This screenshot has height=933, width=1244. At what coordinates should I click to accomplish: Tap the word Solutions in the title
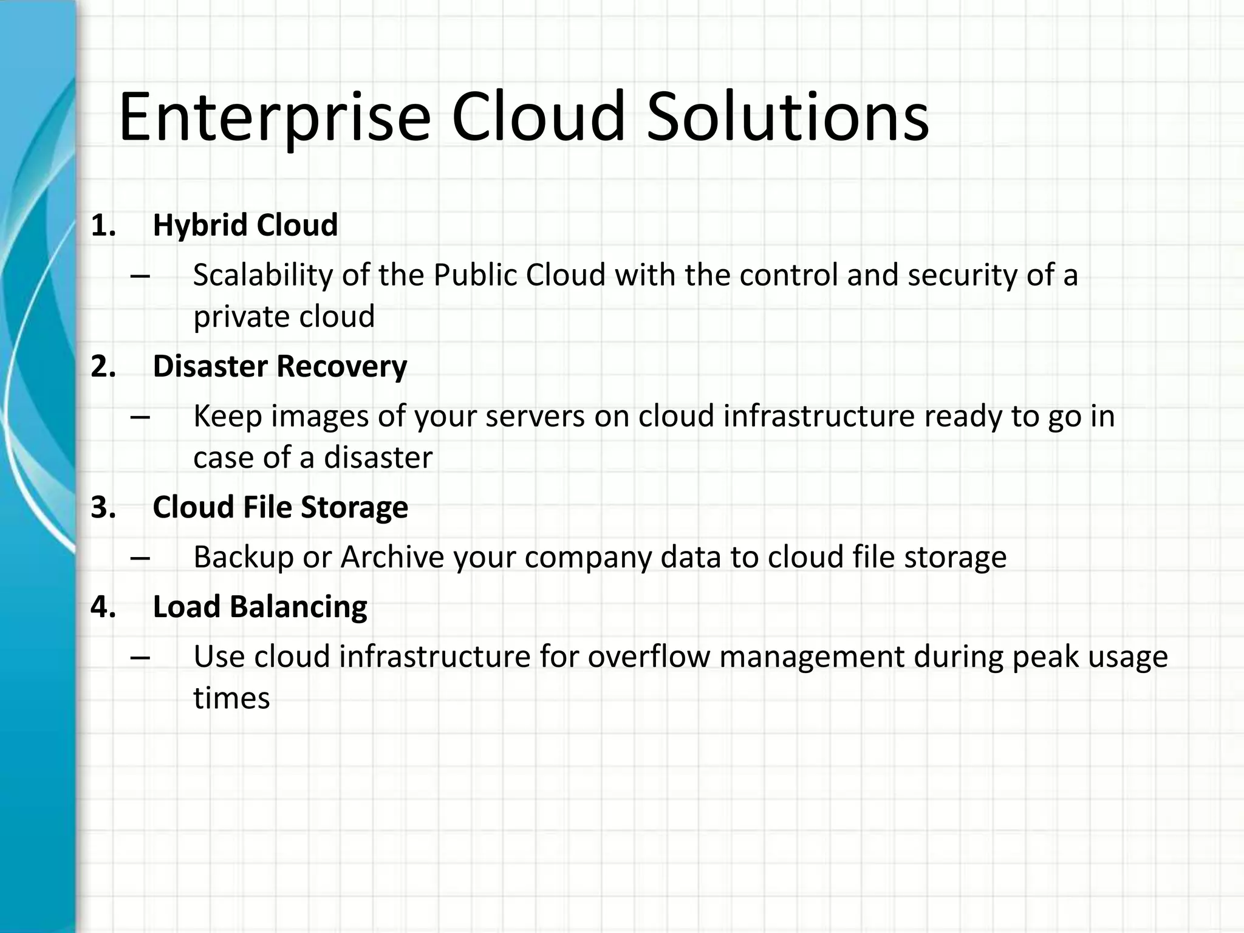tap(787, 117)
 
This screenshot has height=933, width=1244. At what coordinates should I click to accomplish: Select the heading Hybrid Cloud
tap(245, 225)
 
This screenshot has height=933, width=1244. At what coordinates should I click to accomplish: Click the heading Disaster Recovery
tap(279, 366)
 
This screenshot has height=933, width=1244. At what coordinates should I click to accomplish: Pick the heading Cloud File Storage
tap(280, 507)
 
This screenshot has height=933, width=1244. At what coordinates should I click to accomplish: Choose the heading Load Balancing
tap(260, 607)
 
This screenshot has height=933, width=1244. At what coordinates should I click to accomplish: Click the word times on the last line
tap(231, 698)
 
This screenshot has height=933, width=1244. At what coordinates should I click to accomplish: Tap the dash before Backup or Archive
tap(140, 558)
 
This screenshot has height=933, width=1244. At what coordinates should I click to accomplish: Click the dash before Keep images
tap(140, 417)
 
